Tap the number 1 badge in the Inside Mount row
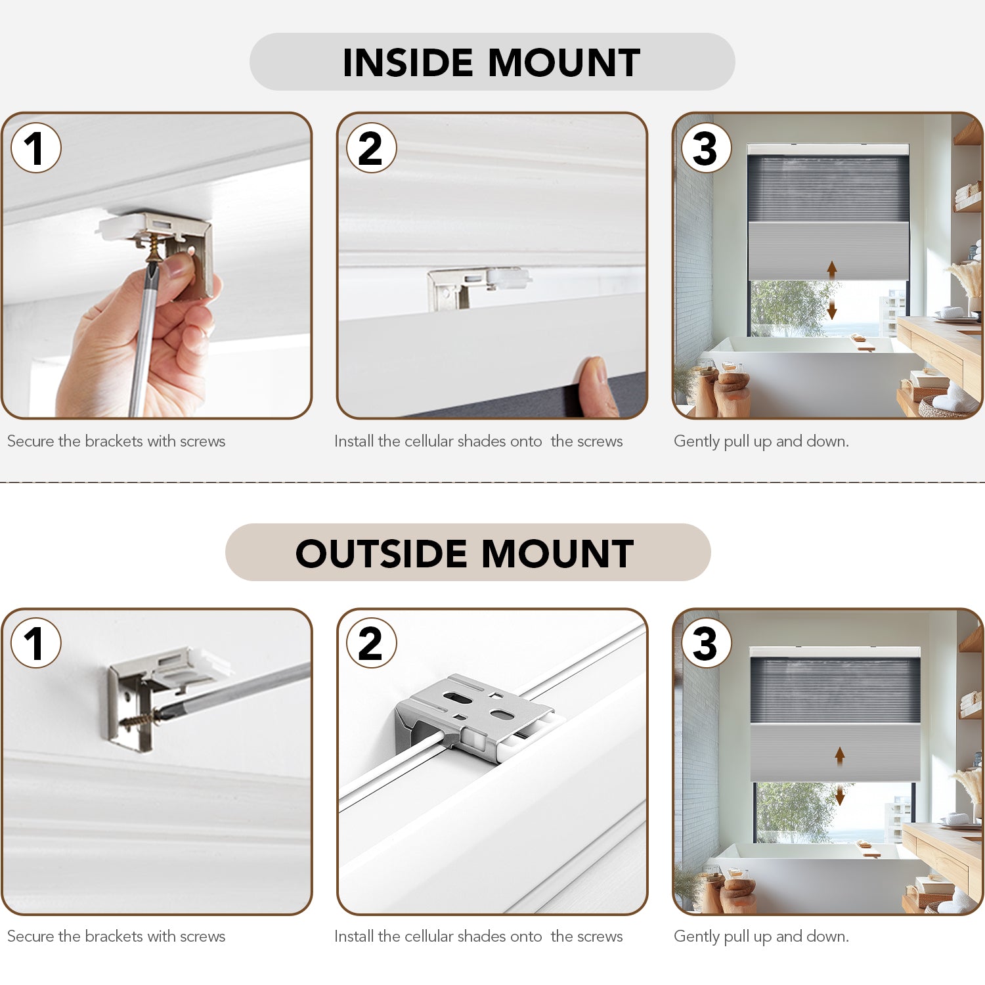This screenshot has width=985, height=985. (x=36, y=148)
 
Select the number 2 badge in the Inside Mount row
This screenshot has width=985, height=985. (x=372, y=148)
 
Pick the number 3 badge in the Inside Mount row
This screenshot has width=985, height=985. (x=707, y=148)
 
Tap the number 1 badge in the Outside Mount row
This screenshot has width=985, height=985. (x=36, y=643)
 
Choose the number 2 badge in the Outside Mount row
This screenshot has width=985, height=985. (x=372, y=643)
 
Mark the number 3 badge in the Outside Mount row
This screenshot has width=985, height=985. (x=707, y=643)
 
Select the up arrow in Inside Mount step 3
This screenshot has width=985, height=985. (x=832, y=270)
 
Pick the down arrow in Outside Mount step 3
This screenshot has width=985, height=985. (x=840, y=795)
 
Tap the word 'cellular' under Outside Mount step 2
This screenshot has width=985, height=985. (x=428, y=936)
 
